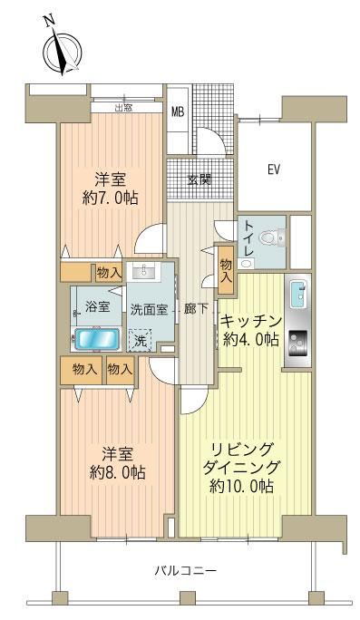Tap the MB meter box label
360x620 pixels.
(178, 111)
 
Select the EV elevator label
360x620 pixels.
(274, 170)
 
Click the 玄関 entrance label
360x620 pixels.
(199, 179)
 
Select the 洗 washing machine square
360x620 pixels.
(140, 341)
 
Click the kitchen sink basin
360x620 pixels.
(298, 294)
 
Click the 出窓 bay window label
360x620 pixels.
(123, 108)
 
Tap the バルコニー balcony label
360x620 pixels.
(185, 570)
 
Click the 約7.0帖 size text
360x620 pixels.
(111, 198)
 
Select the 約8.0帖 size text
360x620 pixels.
(117, 472)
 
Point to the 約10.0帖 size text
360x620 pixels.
(241, 486)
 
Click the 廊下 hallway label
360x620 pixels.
(196, 309)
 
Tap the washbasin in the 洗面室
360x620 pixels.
(144, 271)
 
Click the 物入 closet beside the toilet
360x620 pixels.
(226, 270)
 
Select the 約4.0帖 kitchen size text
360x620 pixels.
(251, 338)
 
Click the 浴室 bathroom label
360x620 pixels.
(97, 307)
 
